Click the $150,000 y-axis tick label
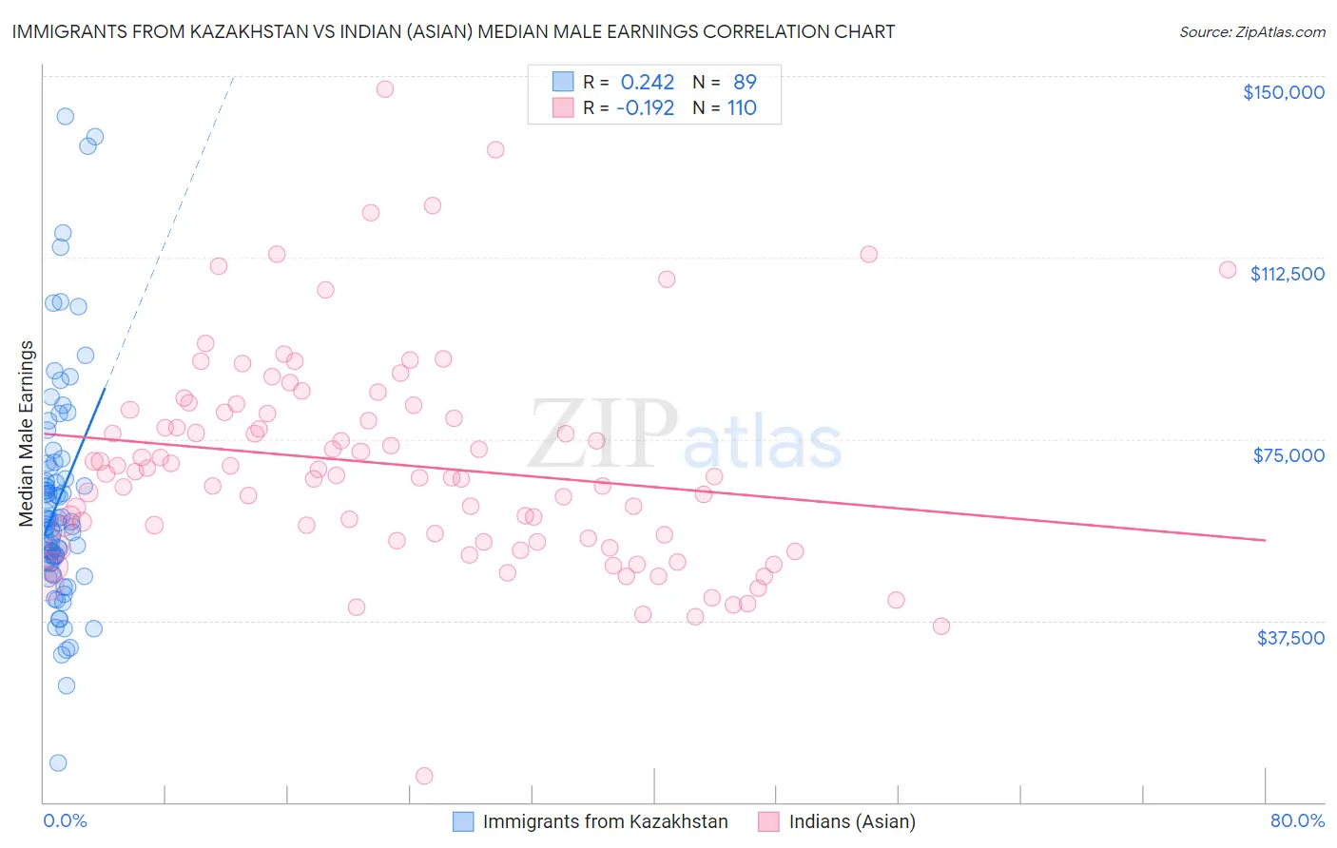tap(1283, 92)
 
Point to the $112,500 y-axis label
tap(1287, 274)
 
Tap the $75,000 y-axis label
tap(1289, 455)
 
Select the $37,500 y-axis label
tap(1290, 638)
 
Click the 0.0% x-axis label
tap(65, 820)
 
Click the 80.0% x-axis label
tap(1297, 820)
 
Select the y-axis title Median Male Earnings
tap(27, 434)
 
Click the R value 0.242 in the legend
tap(647, 83)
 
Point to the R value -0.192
tap(645, 108)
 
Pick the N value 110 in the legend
tap(742, 108)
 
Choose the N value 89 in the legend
tap(745, 83)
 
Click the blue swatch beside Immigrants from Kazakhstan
tap(463, 821)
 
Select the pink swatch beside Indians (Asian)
tap(768, 821)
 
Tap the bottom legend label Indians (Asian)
tap(852, 821)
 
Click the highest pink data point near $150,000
tap(385, 89)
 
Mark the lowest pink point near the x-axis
tap(424, 776)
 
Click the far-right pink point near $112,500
tap(1228, 270)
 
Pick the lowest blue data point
tap(58, 763)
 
